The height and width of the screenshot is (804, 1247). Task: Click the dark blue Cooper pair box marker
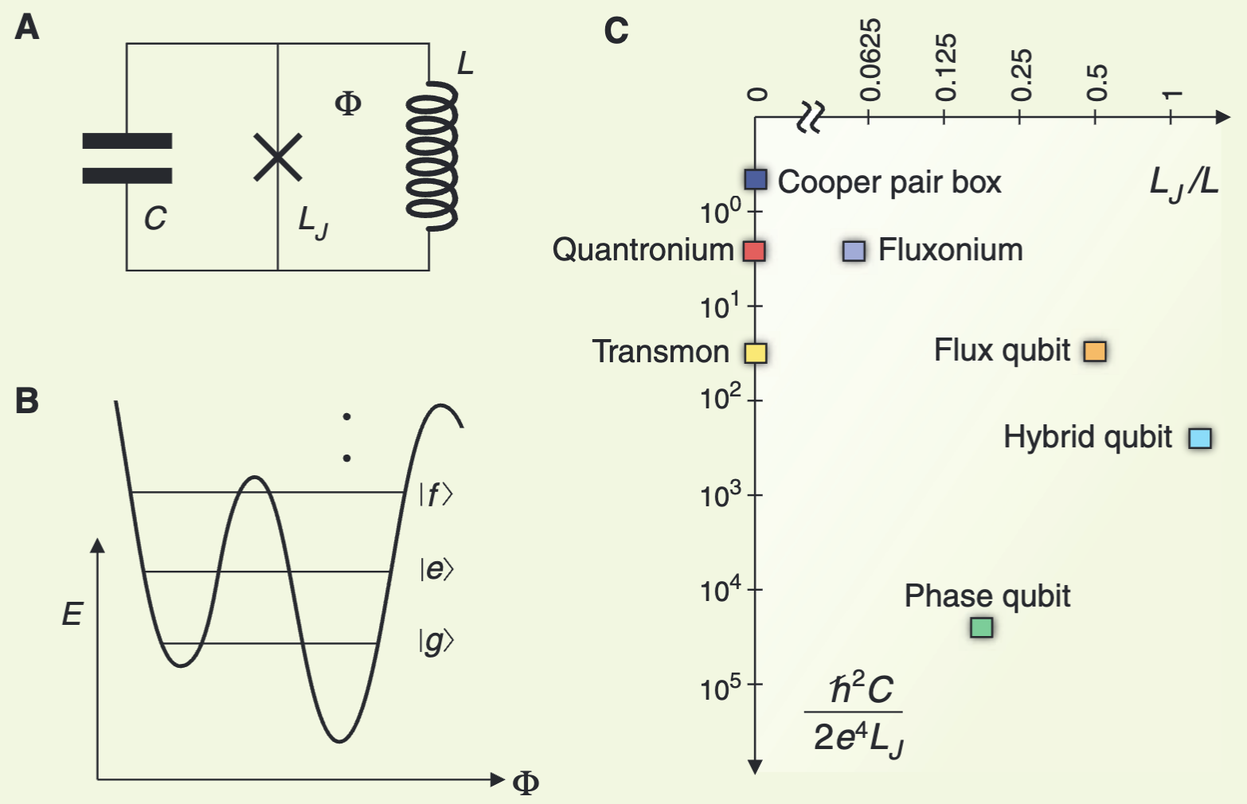(756, 179)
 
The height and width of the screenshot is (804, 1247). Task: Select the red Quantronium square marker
(754, 251)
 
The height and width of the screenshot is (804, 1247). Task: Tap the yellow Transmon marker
(756, 353)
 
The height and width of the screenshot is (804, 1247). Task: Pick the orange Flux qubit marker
(1095, 351)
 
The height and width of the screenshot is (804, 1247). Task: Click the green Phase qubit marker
(982, 627)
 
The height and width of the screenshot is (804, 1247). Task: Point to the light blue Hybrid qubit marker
(1200, 438)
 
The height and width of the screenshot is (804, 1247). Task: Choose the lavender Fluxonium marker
(854, 251)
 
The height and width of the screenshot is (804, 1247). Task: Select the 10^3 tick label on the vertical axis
(720, 495)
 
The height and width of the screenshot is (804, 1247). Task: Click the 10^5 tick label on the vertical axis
(720, 685)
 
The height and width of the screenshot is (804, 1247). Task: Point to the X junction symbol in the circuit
(277, 157)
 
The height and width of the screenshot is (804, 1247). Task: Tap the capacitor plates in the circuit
(127, 158)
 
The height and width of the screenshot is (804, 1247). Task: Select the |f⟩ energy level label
(436, 495)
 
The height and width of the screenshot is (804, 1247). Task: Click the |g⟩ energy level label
(436, 641)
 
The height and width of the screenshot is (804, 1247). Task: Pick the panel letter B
(26, 400)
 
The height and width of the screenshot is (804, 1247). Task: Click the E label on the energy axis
(72, 614)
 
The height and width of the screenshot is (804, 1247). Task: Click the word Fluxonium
(950, 250)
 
